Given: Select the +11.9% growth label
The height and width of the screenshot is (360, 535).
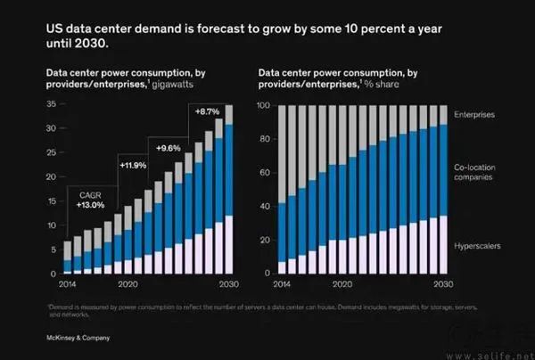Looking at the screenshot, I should pos(134,165).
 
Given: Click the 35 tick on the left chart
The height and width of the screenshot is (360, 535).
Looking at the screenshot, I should pos(50,105).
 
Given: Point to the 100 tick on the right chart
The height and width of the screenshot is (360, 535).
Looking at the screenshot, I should pos(263,105).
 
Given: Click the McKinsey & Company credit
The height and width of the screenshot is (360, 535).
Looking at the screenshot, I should pos(78,339).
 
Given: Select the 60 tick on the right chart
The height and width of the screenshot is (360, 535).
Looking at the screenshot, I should pos(265,173).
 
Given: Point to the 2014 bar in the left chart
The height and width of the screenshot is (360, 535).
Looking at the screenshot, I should pos(67,257).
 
